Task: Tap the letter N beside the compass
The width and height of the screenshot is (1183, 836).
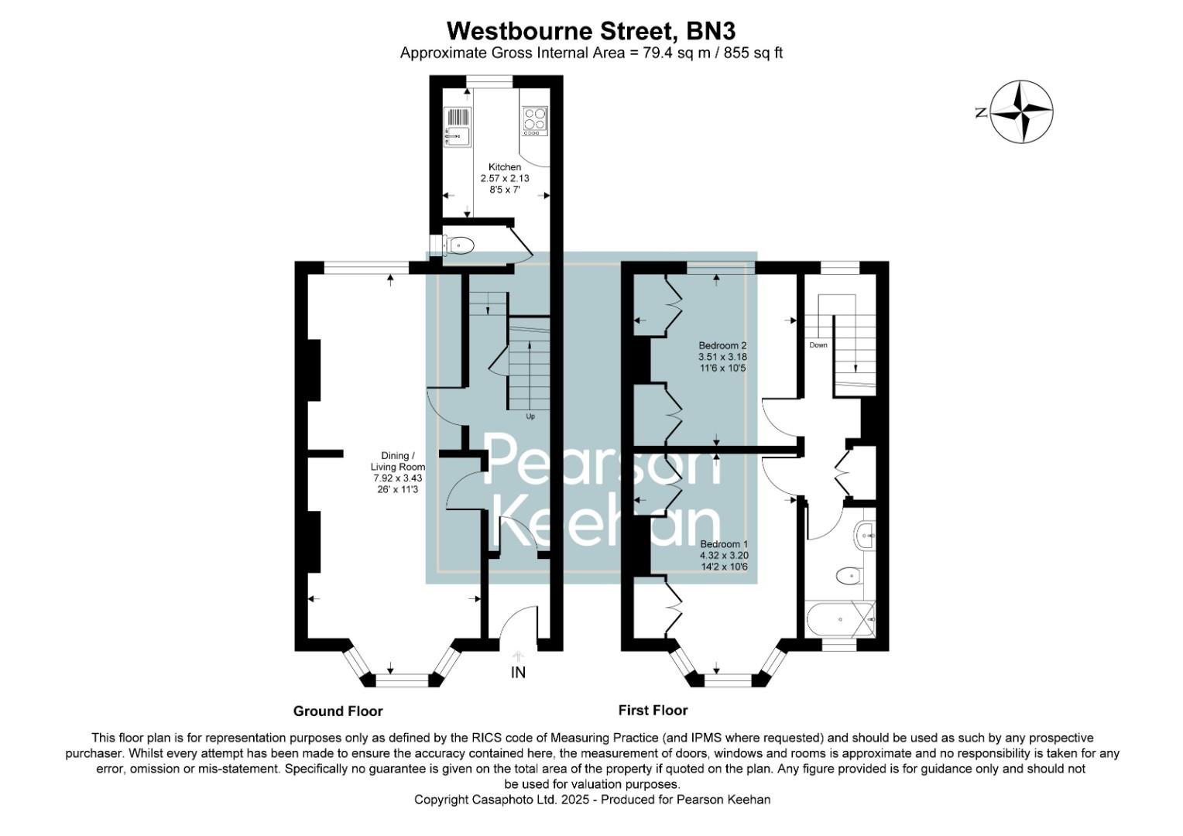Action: point(981,113)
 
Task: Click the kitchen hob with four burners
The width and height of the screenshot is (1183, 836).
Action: point(534,120)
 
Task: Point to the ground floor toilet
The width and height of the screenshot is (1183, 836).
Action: point(458,245)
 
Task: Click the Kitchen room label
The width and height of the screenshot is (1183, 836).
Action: point(504,167)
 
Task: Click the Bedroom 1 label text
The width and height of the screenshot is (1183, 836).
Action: point(724,544)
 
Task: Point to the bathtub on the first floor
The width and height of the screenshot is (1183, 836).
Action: point(841,619)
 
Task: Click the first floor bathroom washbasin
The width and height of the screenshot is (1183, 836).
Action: point(866,533)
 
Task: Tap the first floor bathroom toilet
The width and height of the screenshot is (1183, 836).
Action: point(849,575)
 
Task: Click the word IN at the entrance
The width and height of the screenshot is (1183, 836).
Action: point(518,673)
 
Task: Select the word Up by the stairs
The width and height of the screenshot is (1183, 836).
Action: point(530,416)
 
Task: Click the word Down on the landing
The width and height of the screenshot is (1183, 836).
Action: point(818,345)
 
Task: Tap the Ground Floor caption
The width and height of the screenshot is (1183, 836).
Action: point(338,711)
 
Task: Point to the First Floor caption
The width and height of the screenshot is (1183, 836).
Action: point(653,710)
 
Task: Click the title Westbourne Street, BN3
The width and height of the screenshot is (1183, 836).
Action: point(591,31)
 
